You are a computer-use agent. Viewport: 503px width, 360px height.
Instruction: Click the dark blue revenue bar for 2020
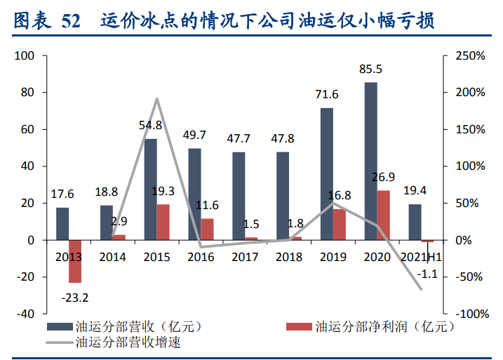click(370, 161)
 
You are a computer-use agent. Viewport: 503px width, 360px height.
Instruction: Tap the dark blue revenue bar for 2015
click(150, 189)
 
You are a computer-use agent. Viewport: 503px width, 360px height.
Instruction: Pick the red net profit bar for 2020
click(383, 215)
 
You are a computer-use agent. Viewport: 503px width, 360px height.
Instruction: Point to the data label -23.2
click(75, 298)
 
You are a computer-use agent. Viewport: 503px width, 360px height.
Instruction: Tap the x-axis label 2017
click(244, 257)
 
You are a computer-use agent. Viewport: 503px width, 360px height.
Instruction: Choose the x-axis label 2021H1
click(421, 257)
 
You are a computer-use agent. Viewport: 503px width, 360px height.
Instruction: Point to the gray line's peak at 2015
click(156, 99)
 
